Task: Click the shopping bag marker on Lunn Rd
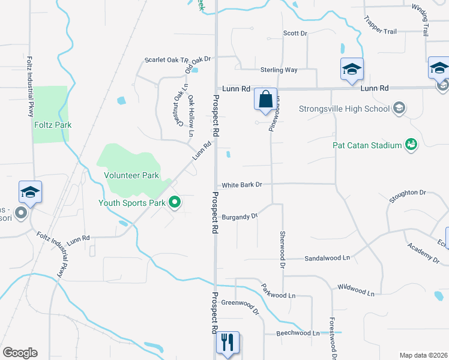coord(266,100)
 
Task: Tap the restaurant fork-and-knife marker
coord(228,343)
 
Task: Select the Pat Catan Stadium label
coord(367,145)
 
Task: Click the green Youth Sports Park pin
coord(175,202)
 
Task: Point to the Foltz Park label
coord(52,125)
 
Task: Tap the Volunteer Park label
coord(131,175)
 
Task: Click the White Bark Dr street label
coord(242,185)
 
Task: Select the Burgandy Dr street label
coord(240,217)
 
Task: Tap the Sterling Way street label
coord(279,70)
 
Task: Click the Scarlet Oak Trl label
coord(166,61)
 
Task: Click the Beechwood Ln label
coord(298,333)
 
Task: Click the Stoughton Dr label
coord(407,194)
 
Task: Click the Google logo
coord(20,353)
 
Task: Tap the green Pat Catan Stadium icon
coord(411,144)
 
